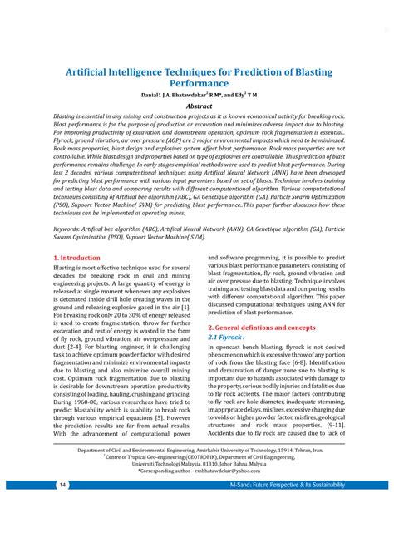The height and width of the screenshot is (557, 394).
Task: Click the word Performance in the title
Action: [x=198, y=84]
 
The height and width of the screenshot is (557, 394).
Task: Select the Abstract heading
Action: [x=198, y=106]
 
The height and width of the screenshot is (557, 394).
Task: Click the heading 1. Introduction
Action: [x=76, y=259]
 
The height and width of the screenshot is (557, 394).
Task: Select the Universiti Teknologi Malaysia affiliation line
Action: [x=198, y=463]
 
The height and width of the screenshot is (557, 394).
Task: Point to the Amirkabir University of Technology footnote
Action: [x=198, y=448]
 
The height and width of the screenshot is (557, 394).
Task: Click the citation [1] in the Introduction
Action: [x=186, y=308]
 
